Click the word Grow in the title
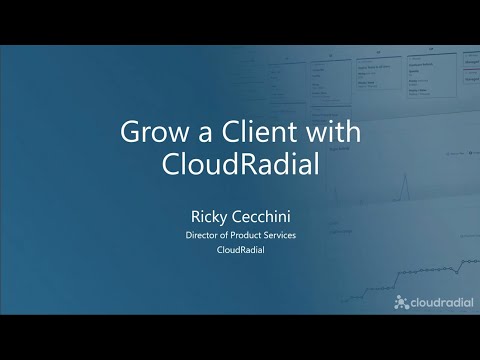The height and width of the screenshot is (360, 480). [x=150, y=132]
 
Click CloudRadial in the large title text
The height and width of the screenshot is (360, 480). [x=240, y=165]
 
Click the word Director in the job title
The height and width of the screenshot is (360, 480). [x=204, y=235]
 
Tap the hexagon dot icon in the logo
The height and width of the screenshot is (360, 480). [x=402, y=302]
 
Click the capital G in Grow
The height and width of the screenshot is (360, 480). [x=128, y=132]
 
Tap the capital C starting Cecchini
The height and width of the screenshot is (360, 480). [x=236, y=215]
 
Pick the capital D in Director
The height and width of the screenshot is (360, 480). [x=190, y=235]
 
